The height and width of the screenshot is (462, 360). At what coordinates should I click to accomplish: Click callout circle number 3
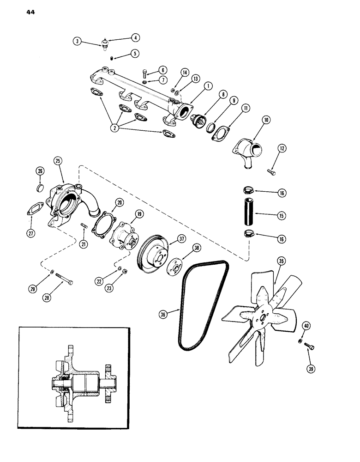tap(78, 42)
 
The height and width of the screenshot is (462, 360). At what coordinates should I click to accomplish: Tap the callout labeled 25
tap(58, 161)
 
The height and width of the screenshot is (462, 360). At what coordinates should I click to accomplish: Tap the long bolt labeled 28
tap(64, 278)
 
